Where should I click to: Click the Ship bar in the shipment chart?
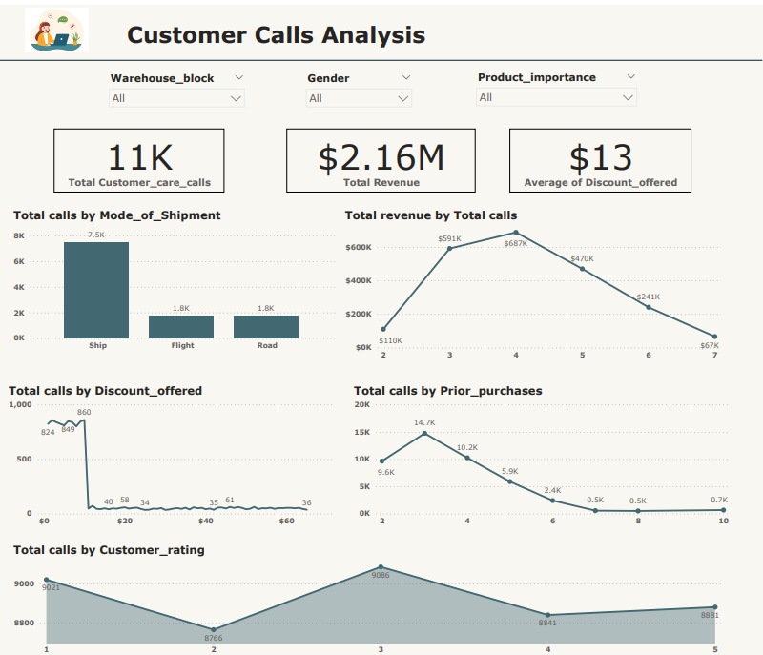click(96, 290)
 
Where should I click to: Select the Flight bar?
click(181, 326)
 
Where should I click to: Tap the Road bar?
click(266, 326)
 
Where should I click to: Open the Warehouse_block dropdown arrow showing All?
click(237, 98)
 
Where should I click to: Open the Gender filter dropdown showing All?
click(403, 98)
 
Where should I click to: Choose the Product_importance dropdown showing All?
click(628, 97)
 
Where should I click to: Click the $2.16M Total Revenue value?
click(381, 157)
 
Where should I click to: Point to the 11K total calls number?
click(139, 157)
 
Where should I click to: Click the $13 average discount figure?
click(600, 157)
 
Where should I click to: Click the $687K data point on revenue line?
click(516, 232)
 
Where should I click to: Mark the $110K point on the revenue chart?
click(383, 329)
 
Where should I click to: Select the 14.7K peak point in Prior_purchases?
click(424, 433)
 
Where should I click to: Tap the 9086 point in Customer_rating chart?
click(381, 566)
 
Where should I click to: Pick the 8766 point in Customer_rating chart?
click(214, 629)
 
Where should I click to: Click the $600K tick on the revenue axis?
click(359, 247)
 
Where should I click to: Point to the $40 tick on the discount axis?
click(206, 522)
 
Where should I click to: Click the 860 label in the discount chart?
click(84, 412)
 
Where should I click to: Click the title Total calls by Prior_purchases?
click(447, 391)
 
